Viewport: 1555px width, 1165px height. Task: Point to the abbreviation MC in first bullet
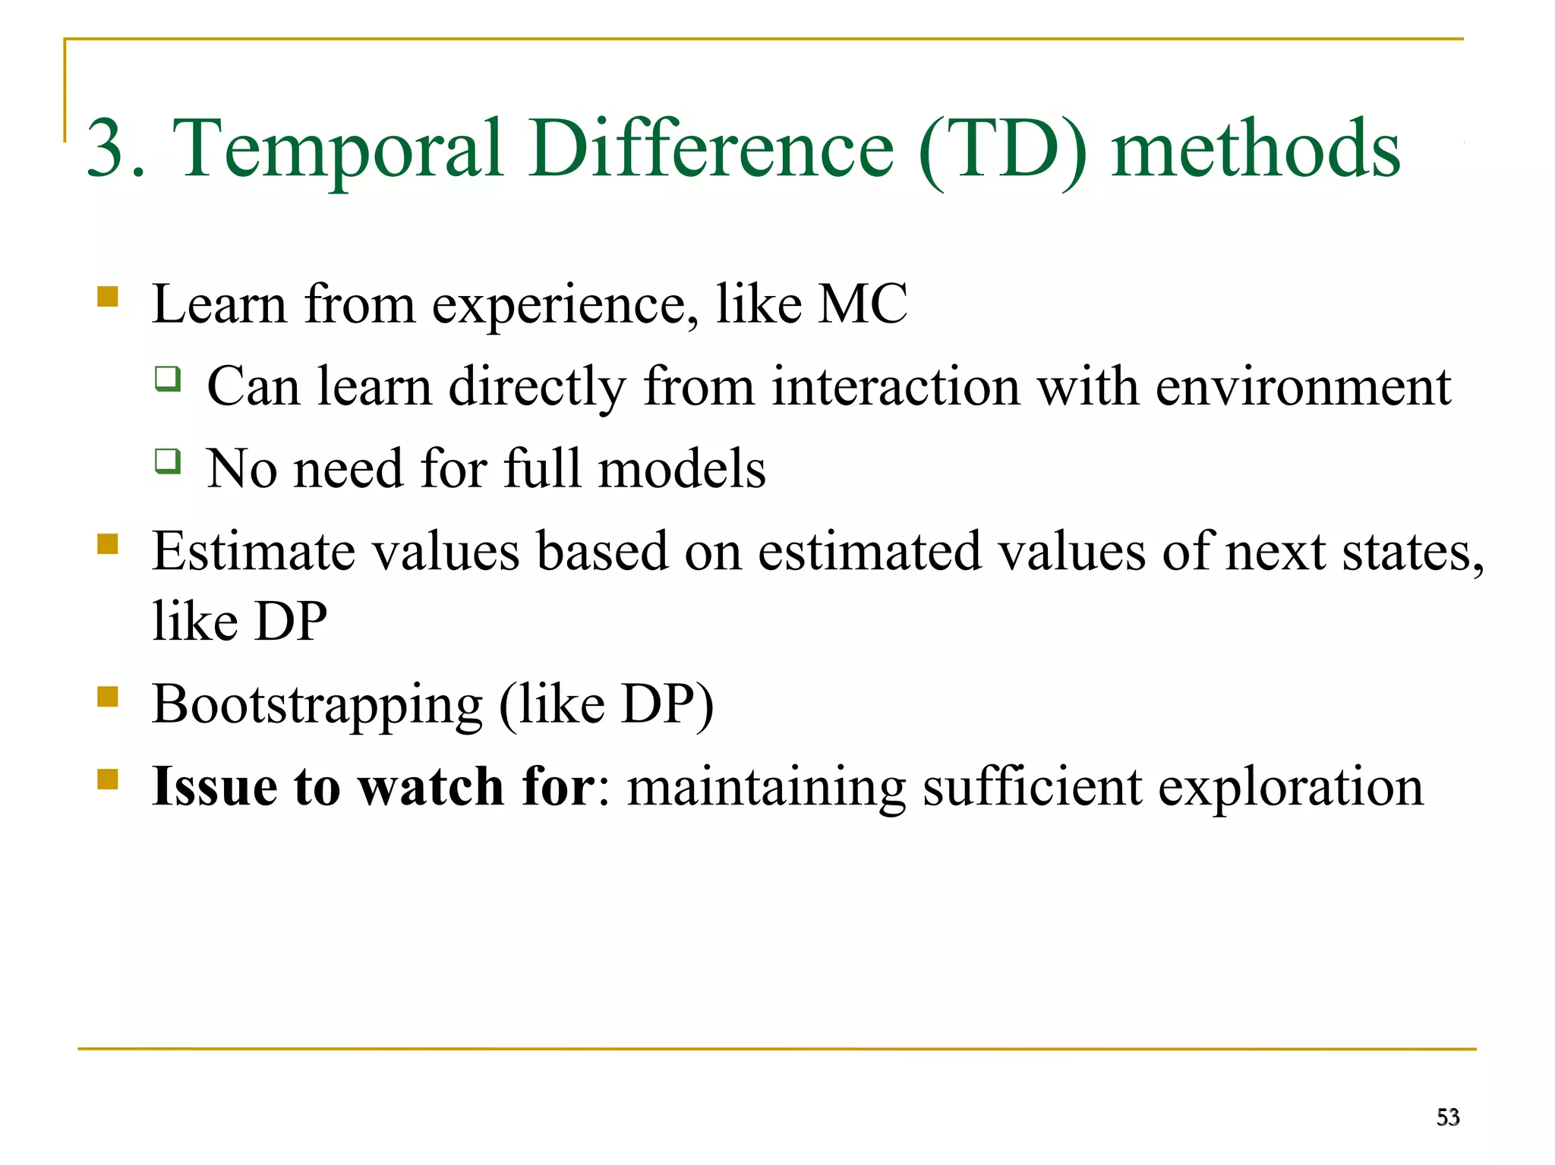[863, 304]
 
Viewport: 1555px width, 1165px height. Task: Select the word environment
[1303, 387]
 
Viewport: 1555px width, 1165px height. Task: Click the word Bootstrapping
[317, 705]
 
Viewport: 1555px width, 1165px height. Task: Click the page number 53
[1447, 1117]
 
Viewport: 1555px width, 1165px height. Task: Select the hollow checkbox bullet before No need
[168, 460]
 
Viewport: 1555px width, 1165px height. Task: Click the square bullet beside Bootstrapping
[108, 696]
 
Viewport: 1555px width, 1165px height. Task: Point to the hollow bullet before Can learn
[168, 378]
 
